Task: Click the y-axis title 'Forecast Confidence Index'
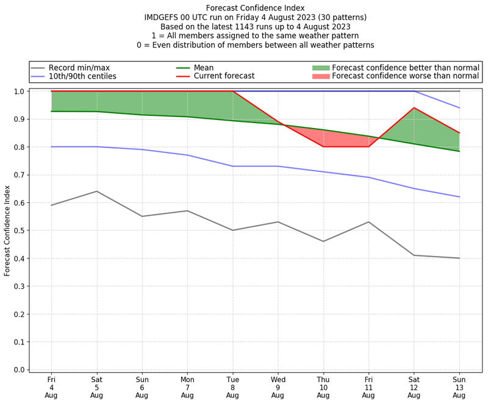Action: coord(8,230)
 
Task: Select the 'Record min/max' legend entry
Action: coord(79,68)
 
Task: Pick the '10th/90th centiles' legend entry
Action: coord(82,76)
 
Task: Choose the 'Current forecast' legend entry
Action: coord(224,76)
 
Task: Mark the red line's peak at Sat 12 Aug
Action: coord(414,108)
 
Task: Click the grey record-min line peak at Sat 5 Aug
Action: coord(96,191)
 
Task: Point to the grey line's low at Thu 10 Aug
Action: coord(323,241)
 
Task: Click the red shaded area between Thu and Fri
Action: coord(345,140)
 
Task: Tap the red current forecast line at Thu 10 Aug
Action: coord(323,147)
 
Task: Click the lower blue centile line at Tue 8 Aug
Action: coord(232,166)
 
